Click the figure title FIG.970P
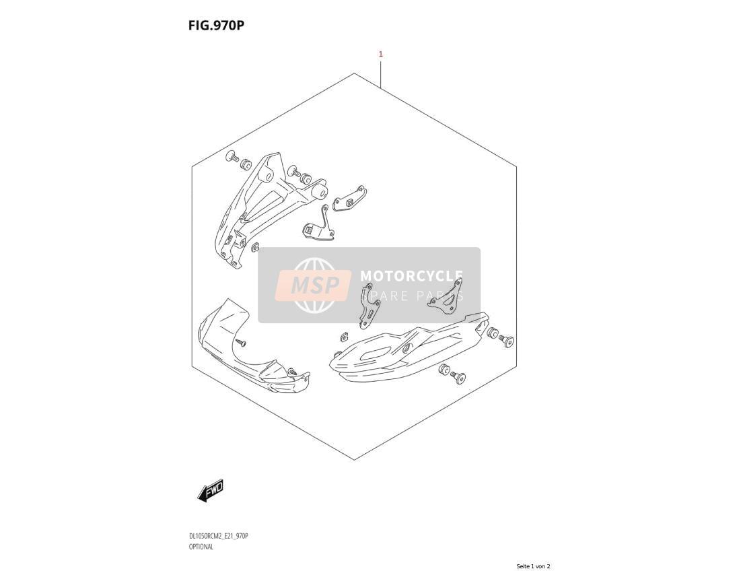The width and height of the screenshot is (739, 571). (216, 26)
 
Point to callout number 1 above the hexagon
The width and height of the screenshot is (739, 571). (381, 55)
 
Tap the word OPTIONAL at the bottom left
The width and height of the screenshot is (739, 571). (201, 547)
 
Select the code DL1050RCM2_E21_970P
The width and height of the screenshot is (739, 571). (218, 536)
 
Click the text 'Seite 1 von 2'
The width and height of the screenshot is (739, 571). (533, 566)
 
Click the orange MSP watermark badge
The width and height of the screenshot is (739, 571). (314, 285)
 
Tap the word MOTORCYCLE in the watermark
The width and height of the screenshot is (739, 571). (411, 276)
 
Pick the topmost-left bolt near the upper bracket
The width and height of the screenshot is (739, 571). (232, 156)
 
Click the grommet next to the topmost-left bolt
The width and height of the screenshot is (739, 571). (246, 164)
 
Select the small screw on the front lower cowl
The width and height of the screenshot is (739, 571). (242, 343)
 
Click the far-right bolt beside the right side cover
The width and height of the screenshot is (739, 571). (507, 341)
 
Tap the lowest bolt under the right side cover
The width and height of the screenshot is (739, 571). (458, 377)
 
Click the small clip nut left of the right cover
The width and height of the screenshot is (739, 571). (343, 336)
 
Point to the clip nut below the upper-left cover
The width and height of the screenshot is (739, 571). (255, 246)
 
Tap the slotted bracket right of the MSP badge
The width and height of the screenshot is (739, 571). (369, 306)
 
